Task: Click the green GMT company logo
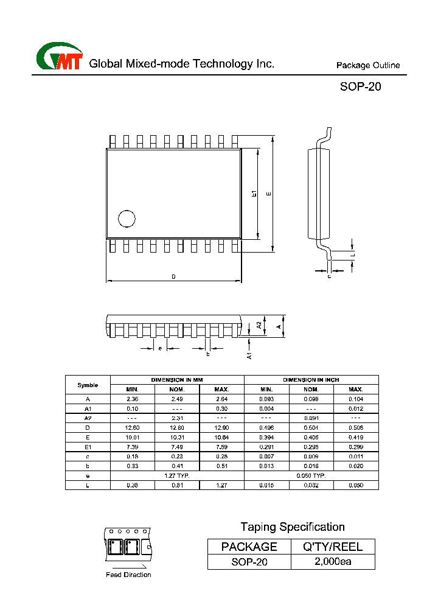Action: tap(59, 58)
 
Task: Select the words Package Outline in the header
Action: tap(368, 66)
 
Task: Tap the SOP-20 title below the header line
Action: tap(360, 87)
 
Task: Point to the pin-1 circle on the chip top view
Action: tap(127, 219)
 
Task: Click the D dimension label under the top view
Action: tap(173, 277)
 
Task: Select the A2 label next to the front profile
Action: tap(259, 326)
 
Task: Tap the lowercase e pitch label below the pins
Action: tap(160, 348)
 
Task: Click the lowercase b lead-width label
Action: tap(207, 354)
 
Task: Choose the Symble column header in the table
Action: tap(88, 385)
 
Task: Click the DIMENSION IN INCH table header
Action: tap(311, 380)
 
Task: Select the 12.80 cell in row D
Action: tap(177, 428)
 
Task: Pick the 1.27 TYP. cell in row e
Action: tap(177, 475)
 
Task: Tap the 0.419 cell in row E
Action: tap(356, 438)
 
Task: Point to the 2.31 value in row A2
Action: tap(177, 418)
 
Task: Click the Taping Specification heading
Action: tap(292, 527)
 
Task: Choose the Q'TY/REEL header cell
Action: tap(333, 547)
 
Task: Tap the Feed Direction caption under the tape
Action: tap(128, 575)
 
